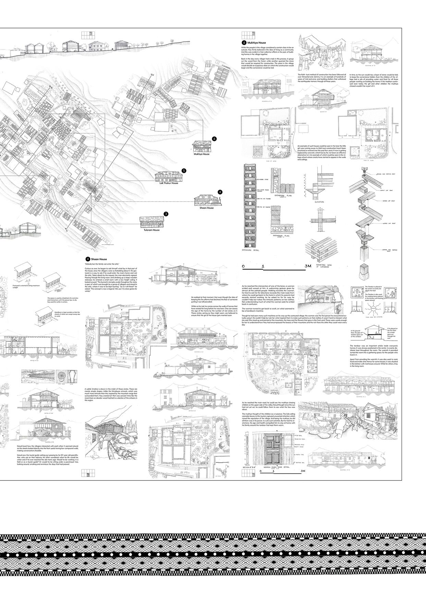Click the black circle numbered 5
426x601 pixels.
click(184, 170)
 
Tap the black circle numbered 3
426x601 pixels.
click(166, 214)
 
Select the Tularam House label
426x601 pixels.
click(151, 230)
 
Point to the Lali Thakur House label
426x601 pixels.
click(169, 183)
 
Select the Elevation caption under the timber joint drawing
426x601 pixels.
click(319, 202)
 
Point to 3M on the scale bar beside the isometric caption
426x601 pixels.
click(307, 266)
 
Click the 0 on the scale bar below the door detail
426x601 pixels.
click(261, 471)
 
